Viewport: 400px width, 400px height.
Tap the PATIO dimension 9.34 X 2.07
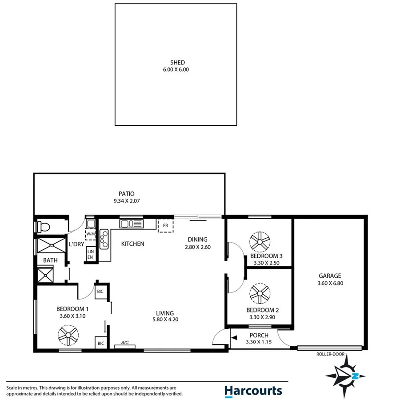click(x=126, y=201)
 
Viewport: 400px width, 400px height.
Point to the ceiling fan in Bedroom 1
click(x=68, y=336)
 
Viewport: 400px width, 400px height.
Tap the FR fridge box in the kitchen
click(x=165, y=225)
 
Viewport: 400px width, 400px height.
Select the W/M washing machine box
click(x=91, y=233)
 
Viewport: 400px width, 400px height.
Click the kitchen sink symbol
click(x=131, y=223)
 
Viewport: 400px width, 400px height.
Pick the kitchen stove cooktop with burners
click(x=104, y=239)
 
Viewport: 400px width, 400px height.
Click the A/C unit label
click(x=125, y=343)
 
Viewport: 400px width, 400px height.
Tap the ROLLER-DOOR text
click(x=330, y=354)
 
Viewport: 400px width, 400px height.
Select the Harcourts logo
click(x=252, y=391)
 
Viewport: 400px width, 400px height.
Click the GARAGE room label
click(x=329, y=276)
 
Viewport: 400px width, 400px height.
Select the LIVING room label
click(x=165, y=313)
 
